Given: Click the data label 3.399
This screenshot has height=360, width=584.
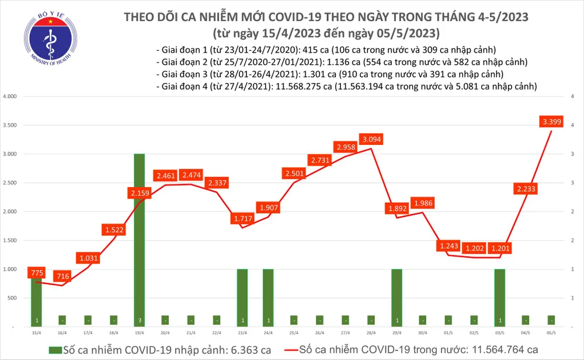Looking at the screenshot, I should click(551, 122).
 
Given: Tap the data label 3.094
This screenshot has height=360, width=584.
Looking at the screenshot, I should click(373, 140).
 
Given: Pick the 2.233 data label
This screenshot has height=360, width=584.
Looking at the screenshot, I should click(526, 188).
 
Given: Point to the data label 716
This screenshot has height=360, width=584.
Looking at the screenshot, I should click(62, 276).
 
